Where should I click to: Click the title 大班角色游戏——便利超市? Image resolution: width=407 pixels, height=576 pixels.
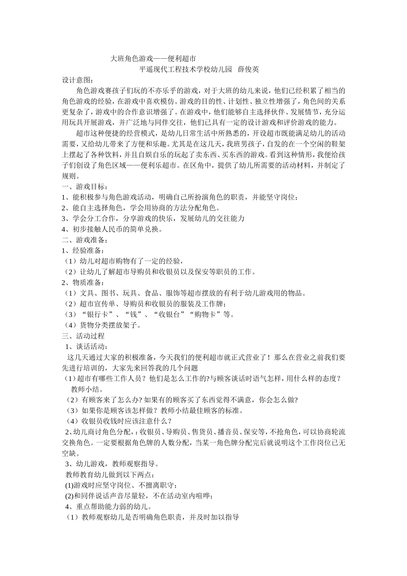tap(153, 58)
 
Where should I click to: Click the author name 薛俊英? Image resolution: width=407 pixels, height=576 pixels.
tap(248, 69)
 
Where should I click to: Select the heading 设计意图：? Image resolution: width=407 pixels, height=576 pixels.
tap(77, 80)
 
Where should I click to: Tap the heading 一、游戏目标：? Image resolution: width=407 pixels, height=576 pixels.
tap(85, 186)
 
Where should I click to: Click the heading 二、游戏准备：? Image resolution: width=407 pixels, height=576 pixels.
tap(85, 240)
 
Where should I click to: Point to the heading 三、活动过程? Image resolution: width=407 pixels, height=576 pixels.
tap(83, 336)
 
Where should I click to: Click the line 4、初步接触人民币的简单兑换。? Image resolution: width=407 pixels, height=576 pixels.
tap(112, 229)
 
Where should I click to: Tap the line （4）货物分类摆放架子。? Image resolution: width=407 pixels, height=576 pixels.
tap(102, 325)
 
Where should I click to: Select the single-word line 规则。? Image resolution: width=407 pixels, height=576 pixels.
tap(70, 176)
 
